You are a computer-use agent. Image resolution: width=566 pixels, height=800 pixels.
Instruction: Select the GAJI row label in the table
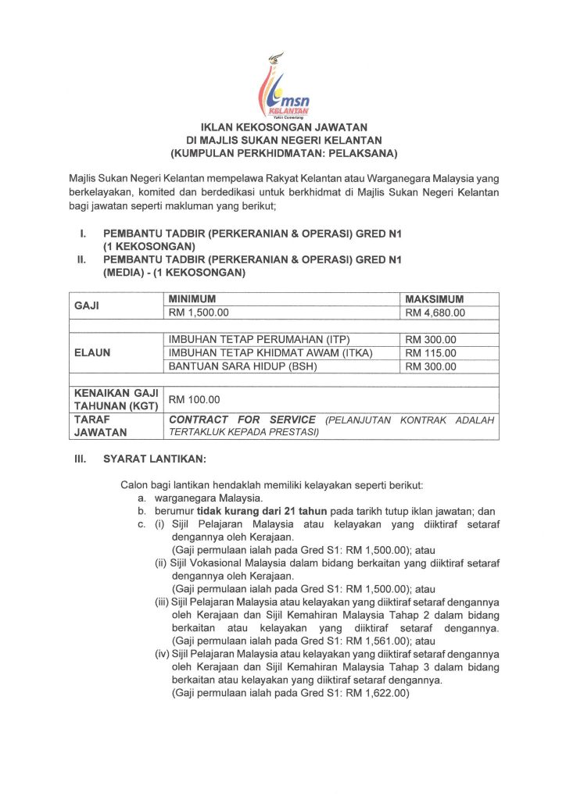pos(86,306)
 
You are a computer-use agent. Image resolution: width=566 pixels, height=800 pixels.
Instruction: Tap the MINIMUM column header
pos(192,299)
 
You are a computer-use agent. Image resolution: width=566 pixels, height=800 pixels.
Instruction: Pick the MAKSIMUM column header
pos(435,299)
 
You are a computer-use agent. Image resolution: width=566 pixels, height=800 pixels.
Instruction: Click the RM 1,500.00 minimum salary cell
pos(196,313)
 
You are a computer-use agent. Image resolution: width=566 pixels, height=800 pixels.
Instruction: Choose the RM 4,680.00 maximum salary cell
pos(435,313)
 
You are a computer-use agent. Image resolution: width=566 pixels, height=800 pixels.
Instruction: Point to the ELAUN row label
pos(92,352)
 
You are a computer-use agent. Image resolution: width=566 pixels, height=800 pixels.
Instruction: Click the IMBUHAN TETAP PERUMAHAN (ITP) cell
pos(260,340)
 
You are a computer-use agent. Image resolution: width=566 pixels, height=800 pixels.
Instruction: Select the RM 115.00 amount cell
pos(431,352)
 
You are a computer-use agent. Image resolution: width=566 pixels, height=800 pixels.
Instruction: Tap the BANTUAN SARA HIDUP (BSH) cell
pos(242,366)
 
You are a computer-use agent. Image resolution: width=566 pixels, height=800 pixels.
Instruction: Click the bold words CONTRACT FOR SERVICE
pos(242,420)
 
